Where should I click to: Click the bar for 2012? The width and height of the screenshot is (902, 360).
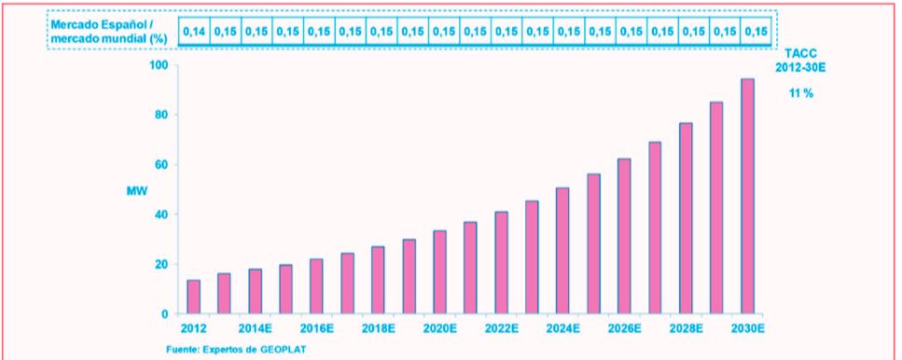tap(194, 297)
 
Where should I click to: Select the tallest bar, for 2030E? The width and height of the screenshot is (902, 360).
tap(747, 196)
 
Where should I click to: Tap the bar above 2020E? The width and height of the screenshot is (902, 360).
tap(440, 272)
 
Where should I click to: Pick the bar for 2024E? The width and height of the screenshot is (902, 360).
tap(562, 251)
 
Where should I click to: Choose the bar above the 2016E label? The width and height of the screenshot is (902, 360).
tap(317, 286)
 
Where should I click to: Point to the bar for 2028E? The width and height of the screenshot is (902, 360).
tap(686, 218)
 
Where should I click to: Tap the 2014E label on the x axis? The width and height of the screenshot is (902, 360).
tap(256, 329)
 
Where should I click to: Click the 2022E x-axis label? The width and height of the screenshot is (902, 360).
tap(502, 329)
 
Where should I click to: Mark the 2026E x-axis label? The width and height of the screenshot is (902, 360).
tap(624, 329)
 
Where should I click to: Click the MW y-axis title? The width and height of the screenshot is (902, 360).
tap(137, 191)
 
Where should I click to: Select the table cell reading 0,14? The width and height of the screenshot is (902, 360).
tap(194, 32)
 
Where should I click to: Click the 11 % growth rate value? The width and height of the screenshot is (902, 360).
tap(801, 93)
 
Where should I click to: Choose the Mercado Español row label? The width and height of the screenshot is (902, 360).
tap(104, 25)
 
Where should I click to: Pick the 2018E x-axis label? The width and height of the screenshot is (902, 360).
tap(379, 329)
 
